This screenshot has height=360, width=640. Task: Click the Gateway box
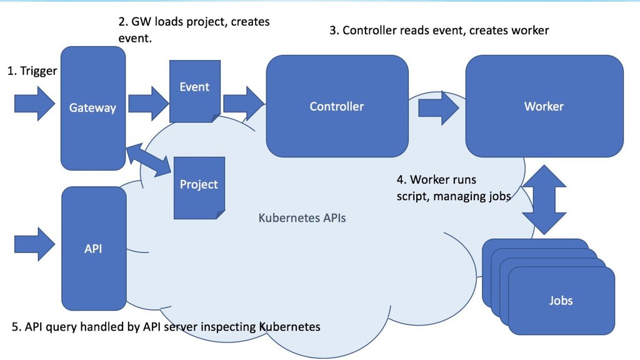pyautogui.click(x=93, y=108)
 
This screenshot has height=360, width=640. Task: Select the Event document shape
pyautogui.click(x=195, y=91)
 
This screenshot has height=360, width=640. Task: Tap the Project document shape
pyautogui.click(x=199, y=187)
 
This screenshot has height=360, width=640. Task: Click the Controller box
pyautogui.click(x=337, y=106)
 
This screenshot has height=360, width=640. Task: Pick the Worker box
pyautogui.click(x=544, y=106)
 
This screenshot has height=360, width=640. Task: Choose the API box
pyautogui.click(x=94, y=248)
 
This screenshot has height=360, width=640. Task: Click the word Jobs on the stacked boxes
pyautogui.click(x=561, y=301)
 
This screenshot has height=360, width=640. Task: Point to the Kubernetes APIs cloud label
pyautogui.click(x=302, y=218)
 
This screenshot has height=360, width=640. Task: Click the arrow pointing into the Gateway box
pyautogui.click(x=35, y=104)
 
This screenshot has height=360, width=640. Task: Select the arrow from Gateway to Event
pyautogui.click(x=149, y=104)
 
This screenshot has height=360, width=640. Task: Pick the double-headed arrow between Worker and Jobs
pyautogui.click(x=544, y=199)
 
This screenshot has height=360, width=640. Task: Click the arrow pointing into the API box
pyautogui.click(x=35, y=244)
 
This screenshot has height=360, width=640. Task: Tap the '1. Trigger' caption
pyautogui.click(x=32, y=71)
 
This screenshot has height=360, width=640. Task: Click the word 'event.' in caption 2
pyautogui.click(x=135, y=38)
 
